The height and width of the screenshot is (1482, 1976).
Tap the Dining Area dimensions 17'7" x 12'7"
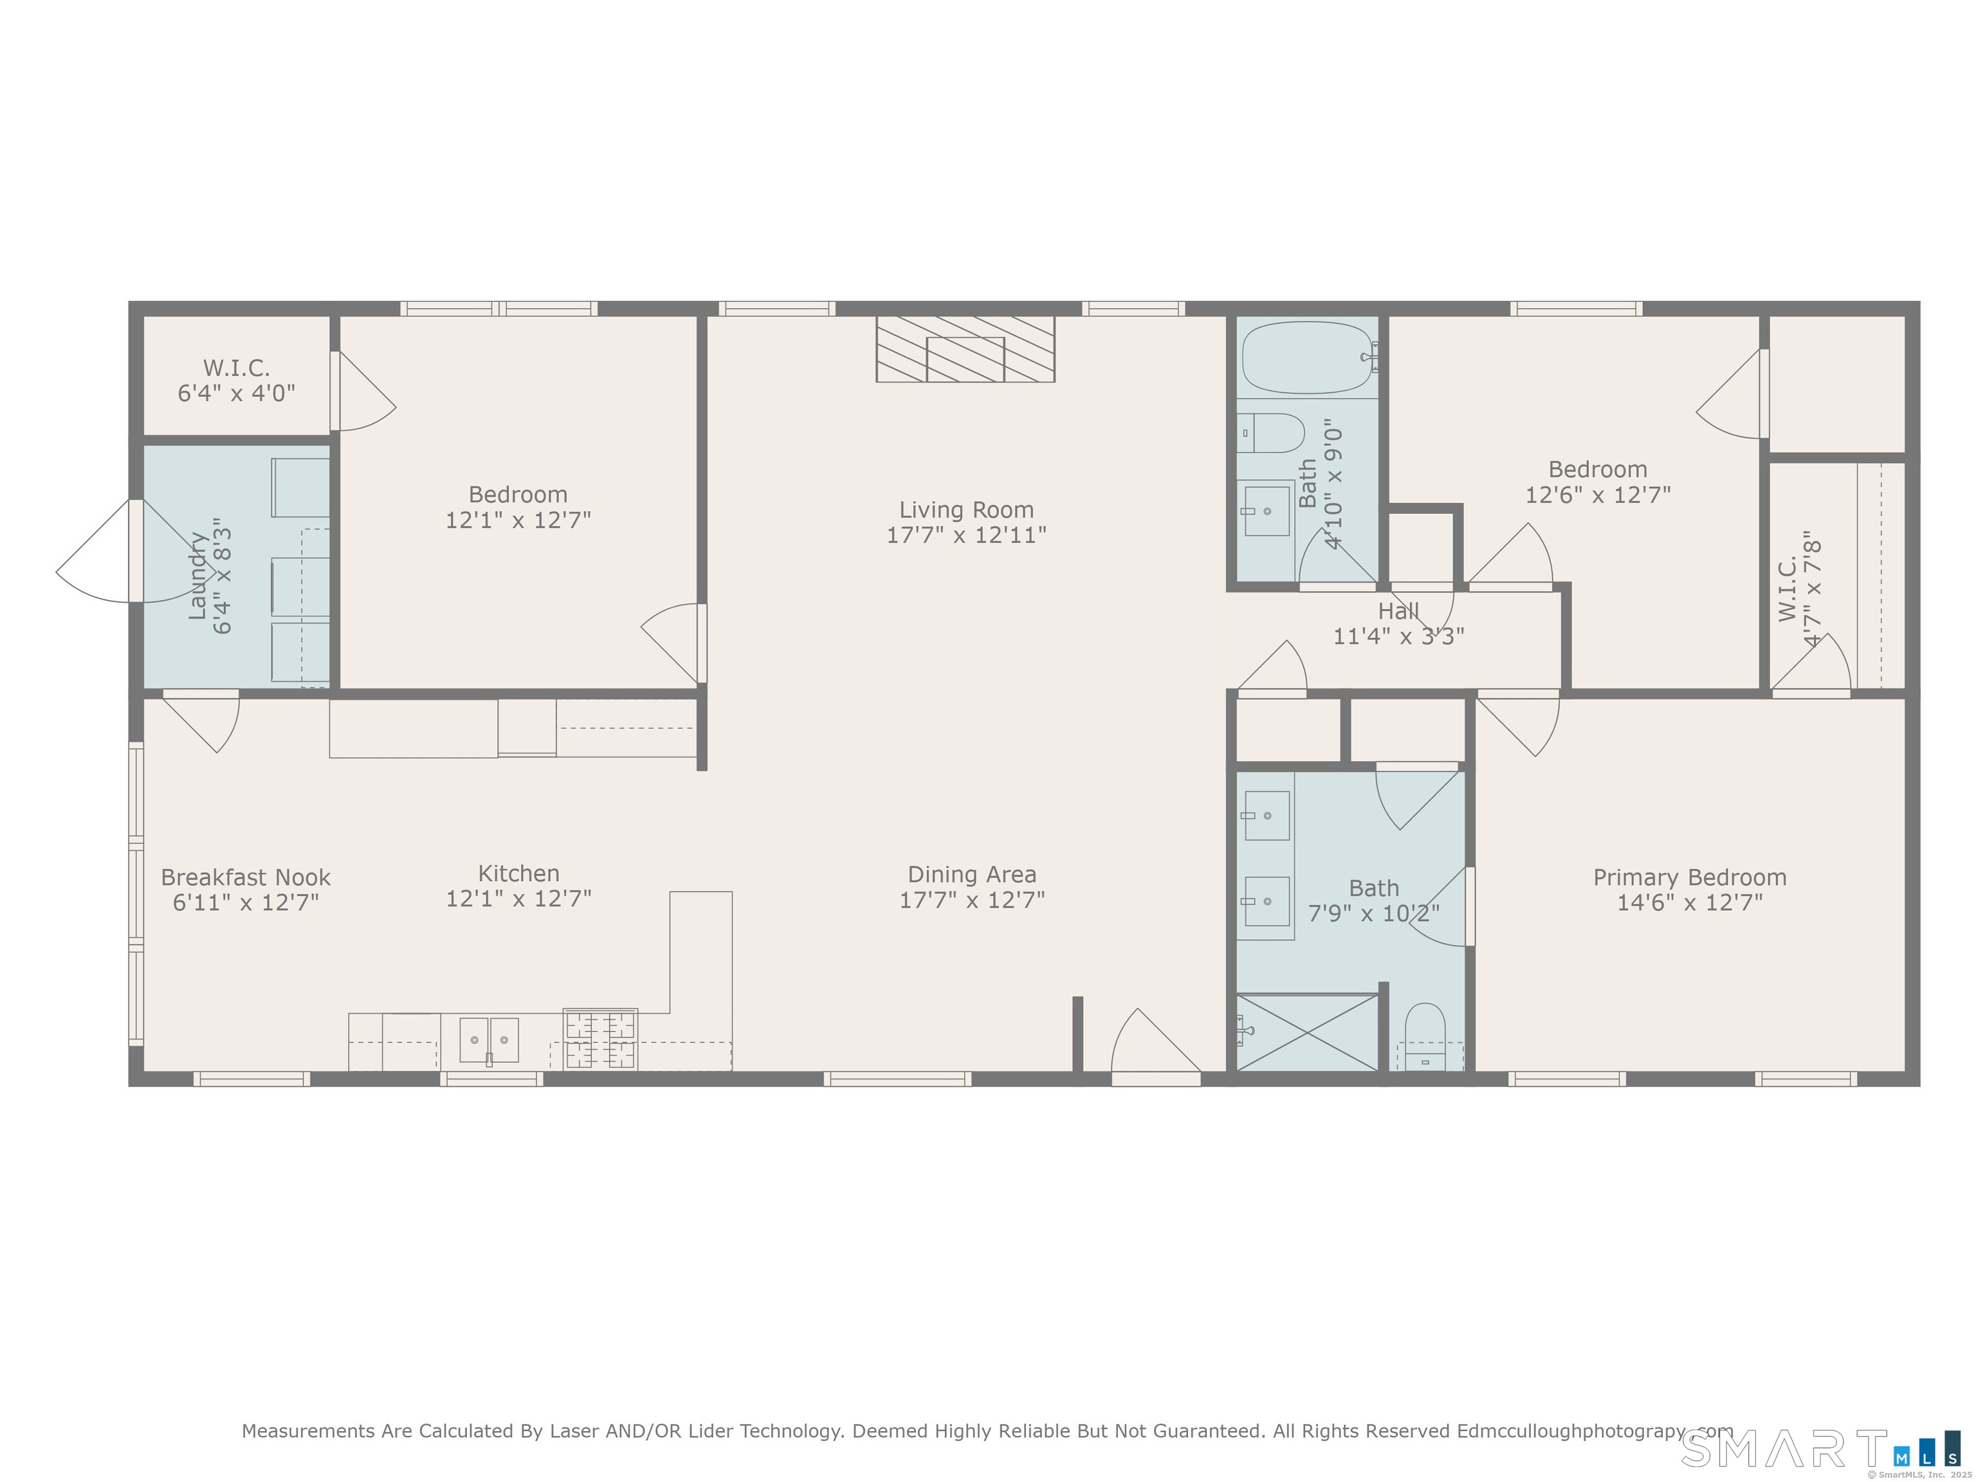[x=972, y=900]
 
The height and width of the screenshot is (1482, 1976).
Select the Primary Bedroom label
[x=1689, y=877]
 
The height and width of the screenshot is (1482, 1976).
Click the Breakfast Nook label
[x=246, y=877]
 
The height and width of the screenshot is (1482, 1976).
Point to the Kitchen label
[x=518, y=874]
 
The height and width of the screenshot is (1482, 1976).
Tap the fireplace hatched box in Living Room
[x=965, y=349]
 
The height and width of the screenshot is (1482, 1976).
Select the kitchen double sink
[x=489, y=1040]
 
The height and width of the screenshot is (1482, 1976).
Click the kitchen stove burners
[x=600, y=1039]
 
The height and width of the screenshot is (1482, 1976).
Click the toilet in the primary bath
[x=1425, y=1036]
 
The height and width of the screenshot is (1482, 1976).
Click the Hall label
[x=1398, y=612]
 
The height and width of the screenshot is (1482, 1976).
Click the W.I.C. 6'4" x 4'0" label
[x=237, y=381]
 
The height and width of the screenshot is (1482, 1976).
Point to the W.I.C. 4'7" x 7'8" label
[x=1798, y=590]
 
